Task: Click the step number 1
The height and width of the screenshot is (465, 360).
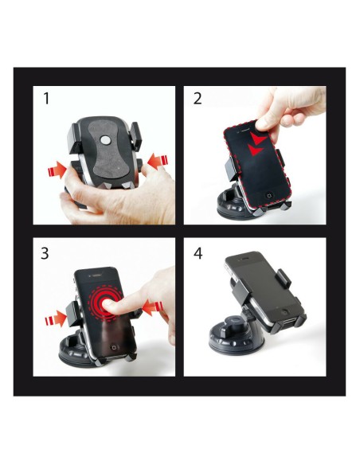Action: pos(46,99)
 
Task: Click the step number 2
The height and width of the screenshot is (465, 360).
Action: pos(198,99)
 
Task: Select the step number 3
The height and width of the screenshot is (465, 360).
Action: pos(45,253)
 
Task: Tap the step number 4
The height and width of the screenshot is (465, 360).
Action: pos(198,253)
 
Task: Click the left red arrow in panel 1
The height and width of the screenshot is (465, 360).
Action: pos(57,170)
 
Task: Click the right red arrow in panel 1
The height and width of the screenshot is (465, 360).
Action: pos(158,161)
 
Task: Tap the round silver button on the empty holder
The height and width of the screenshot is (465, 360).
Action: pos(104,139)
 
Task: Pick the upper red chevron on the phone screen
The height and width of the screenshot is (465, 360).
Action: pos(258,139)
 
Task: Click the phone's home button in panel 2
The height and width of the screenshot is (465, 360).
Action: pos(269,195)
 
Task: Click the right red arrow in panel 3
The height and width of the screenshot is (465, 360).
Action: pos(152,308)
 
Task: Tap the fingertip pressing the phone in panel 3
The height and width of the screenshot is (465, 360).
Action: pos(107,305)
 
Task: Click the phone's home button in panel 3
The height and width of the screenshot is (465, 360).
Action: pos(114,347)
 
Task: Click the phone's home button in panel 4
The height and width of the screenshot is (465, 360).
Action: pos(284,312)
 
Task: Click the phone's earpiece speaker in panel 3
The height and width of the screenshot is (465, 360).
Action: pos(95,275)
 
